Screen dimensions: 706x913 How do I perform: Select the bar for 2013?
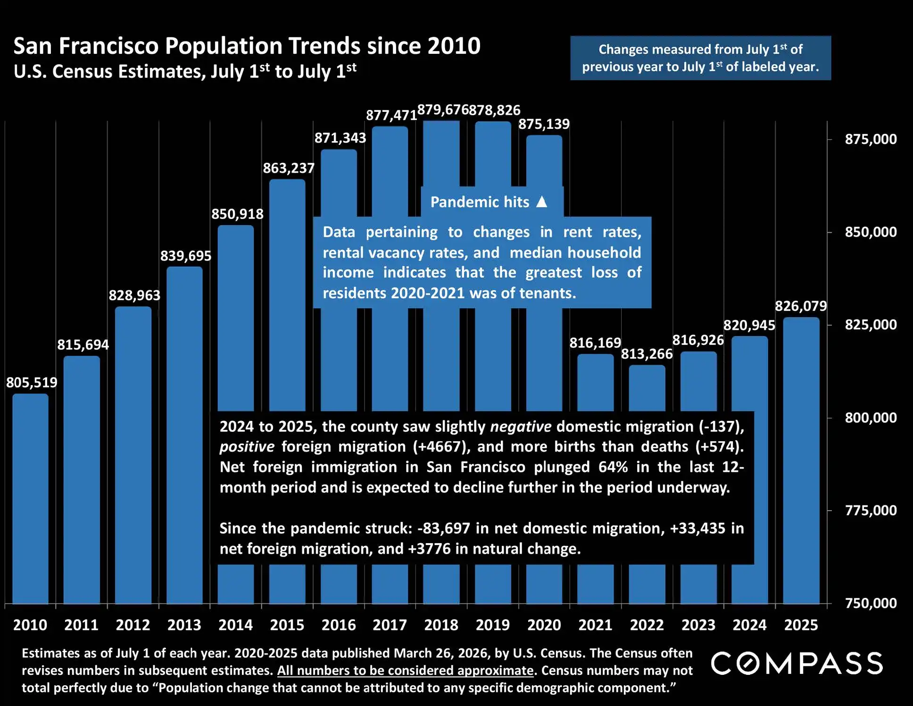click(184, 434)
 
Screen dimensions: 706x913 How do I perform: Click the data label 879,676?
click(442, 110)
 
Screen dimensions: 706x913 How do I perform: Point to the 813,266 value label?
click(647, 354)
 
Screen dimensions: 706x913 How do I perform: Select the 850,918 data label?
click(237, 214)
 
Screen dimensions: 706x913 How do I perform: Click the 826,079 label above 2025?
click(801, 306)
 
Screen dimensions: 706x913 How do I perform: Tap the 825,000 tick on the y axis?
click(871, 325)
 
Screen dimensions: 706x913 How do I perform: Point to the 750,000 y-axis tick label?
click(871, 603)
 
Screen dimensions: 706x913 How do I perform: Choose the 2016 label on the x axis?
click(339, 625)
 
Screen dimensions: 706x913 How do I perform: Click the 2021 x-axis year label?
click(595, 625)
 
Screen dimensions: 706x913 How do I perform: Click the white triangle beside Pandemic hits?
click(542, 202)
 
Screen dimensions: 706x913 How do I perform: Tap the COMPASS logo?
click(797, 663)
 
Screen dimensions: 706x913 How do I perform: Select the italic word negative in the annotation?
click(521, 427)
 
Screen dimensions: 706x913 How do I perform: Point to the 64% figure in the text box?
click(613, 467)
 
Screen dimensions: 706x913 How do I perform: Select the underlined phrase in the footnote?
click(405, 671)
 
